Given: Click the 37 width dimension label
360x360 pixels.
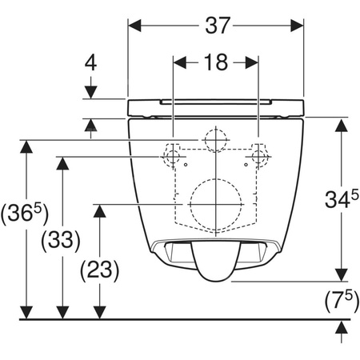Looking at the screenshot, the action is (x=218, y=26).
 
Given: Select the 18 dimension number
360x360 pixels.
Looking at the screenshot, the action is (x=216, y=62).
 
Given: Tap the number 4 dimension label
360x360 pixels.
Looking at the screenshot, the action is (x=90, y=63).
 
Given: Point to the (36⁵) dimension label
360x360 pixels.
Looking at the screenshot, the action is (x=25, y=214).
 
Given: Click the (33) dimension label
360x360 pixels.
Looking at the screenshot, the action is (x=61, y=239).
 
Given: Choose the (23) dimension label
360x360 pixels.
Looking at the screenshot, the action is (x=100, y=270).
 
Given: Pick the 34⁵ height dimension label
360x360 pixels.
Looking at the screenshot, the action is (x=342, y=199).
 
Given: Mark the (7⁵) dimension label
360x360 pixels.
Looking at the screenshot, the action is (x=342, y=300).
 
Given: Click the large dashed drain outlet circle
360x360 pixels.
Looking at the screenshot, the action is (x=190, y=205).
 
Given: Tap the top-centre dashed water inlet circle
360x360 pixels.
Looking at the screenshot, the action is (x=205, y=140).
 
